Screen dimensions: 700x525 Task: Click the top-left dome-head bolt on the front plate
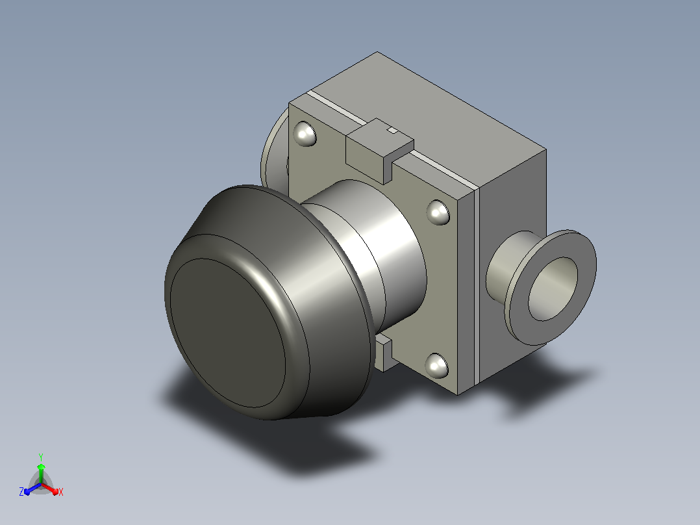(x=305, y=134)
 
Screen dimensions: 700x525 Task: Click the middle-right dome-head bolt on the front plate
(x=438, y=212)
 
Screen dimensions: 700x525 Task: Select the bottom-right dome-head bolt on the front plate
(x=436, y=366)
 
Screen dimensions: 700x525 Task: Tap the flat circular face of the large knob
(x=227, y=333)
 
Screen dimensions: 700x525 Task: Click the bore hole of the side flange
(x=553, y=288)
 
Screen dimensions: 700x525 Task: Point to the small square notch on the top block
(x=392, y=130)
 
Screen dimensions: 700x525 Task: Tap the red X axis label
(x=61, y=492)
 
